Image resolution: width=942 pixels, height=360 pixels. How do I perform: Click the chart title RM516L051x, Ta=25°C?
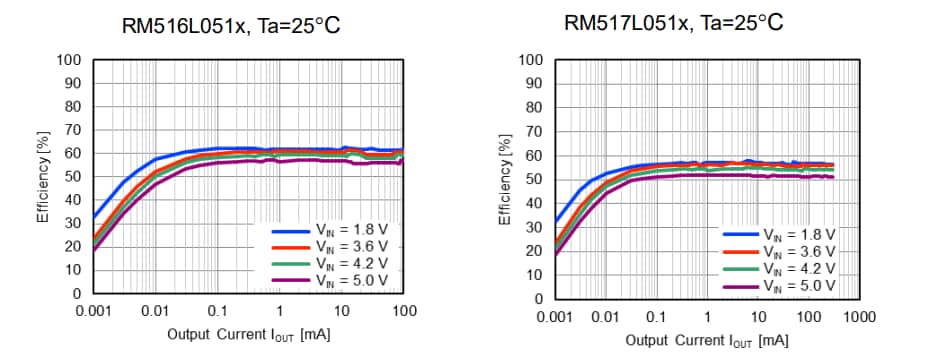(231, 25)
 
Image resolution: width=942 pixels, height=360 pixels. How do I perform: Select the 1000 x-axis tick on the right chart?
(859, 316)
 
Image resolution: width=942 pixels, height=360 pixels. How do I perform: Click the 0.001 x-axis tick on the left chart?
(93, 312)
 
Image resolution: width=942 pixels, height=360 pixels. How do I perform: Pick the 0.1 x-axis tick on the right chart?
(656, 316)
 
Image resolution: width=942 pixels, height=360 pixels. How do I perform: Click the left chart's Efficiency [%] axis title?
(44, 176)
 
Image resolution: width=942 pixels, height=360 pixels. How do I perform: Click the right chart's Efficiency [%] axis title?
(506, 179)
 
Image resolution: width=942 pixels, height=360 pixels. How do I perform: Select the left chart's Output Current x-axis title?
(248, 334)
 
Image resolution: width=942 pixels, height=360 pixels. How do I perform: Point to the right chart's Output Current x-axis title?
(707, 340)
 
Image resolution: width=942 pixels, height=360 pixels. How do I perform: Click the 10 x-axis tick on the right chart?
(758, 316)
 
